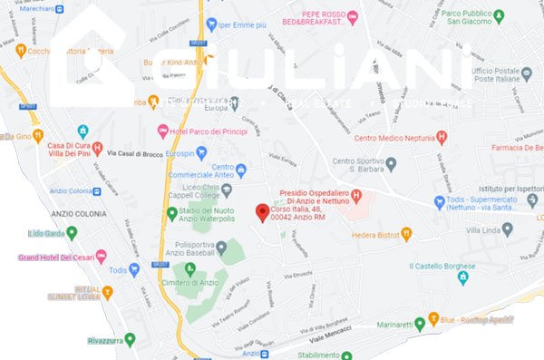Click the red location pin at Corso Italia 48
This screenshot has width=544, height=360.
262,212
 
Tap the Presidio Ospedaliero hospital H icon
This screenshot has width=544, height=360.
357,195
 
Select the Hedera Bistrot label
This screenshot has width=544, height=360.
375,233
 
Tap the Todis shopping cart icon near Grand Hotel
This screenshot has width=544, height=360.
135,269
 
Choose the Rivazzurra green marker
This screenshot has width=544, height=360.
130,339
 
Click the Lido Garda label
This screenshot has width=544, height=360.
52,233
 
